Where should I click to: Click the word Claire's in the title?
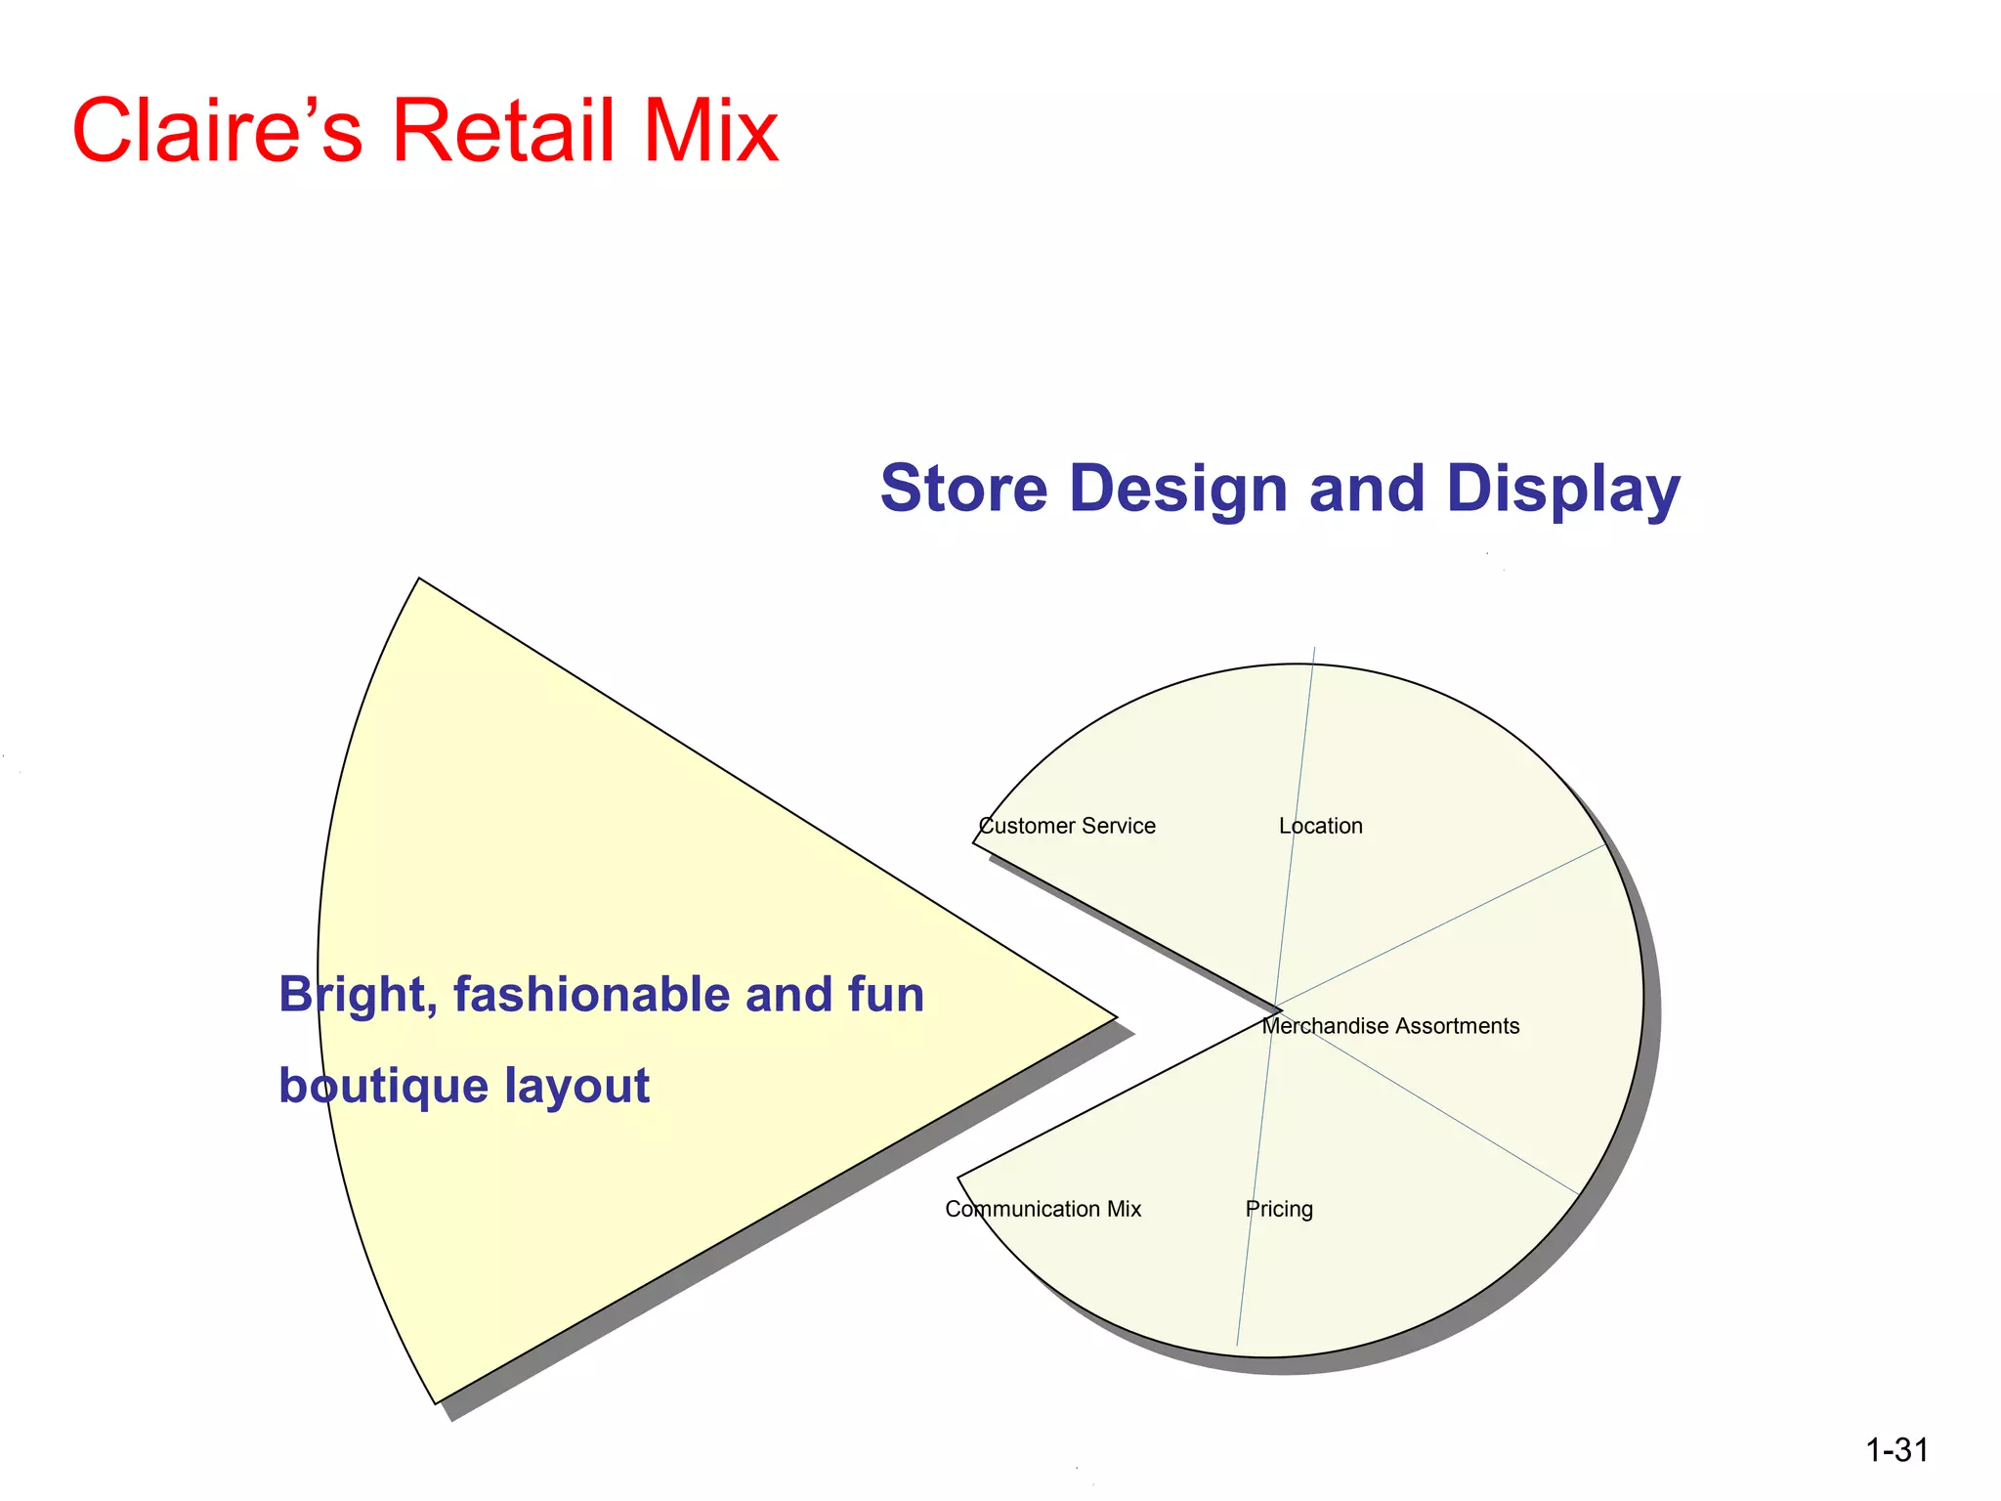(218, 131)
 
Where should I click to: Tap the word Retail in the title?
(504, 131)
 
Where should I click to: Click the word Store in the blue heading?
(963, 489)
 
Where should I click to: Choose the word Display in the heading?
(1562, 491)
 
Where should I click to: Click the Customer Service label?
(1067, 826)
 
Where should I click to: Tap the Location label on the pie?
(1320, 826)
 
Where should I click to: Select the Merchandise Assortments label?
(1390, 1026)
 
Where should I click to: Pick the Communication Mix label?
(1043, 1209)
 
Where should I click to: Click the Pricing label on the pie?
(1279, 1210)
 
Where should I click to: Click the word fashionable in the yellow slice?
(592, 995)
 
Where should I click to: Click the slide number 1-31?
(1896, 1450)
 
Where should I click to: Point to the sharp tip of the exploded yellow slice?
(1115, 1016)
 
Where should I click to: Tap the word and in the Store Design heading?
(1366, 489)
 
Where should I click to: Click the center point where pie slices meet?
(1277, 1008)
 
